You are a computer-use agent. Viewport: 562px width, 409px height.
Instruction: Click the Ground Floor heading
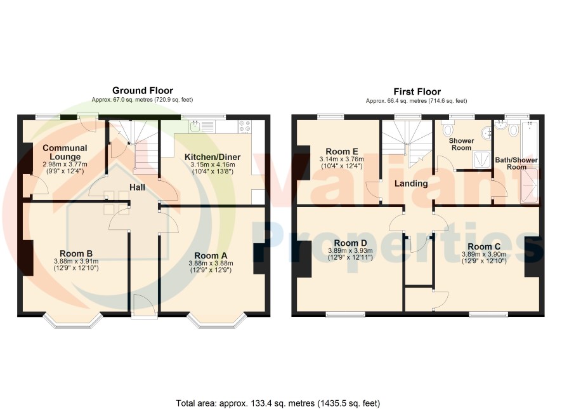point(143,90)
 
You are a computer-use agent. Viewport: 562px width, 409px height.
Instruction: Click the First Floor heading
point(417,92)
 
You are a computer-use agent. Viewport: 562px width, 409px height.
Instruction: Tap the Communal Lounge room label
point(65,152)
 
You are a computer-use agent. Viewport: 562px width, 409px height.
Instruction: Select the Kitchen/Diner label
point(212,157)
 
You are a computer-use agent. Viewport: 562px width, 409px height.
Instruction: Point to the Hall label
point(137,187)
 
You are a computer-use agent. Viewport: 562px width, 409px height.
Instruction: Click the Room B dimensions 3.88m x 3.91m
point(76,261)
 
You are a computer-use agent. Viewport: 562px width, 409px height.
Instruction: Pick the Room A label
point(211,255)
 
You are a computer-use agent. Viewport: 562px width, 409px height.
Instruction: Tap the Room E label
point(341,151)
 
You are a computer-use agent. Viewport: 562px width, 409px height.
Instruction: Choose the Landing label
point(411,184)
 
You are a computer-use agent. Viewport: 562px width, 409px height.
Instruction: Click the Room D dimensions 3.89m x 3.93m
point(350,251)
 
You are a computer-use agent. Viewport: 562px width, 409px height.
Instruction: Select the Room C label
point(484,247)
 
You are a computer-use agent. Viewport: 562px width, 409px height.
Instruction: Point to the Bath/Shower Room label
point(516,163)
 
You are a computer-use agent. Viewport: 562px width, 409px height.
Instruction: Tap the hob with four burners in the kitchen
point(245,126)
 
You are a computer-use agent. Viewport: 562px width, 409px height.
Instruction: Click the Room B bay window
point(74,321)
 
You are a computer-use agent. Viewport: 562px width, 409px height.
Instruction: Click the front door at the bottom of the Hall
point(144,305)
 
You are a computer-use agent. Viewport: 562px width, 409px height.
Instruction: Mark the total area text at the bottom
point(278,403)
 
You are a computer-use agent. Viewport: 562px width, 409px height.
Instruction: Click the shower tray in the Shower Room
point(482,159)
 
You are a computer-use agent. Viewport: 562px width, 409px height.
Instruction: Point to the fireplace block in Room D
point(304,259)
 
